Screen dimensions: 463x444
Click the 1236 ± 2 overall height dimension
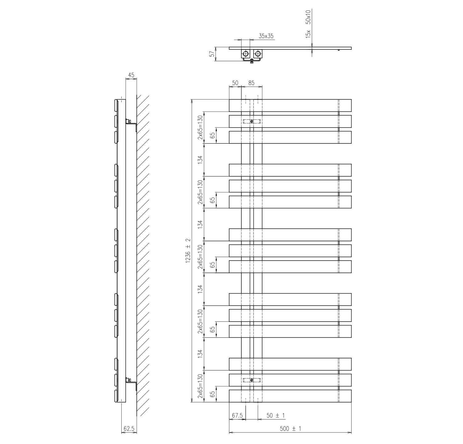(188, 251)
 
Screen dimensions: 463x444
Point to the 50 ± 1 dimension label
(275, 416)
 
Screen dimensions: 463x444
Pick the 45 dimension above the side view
(131, 75)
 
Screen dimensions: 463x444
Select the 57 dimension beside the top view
(212, 54)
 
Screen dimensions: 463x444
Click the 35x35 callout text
(266, 36)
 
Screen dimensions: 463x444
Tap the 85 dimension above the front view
(251, 82)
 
